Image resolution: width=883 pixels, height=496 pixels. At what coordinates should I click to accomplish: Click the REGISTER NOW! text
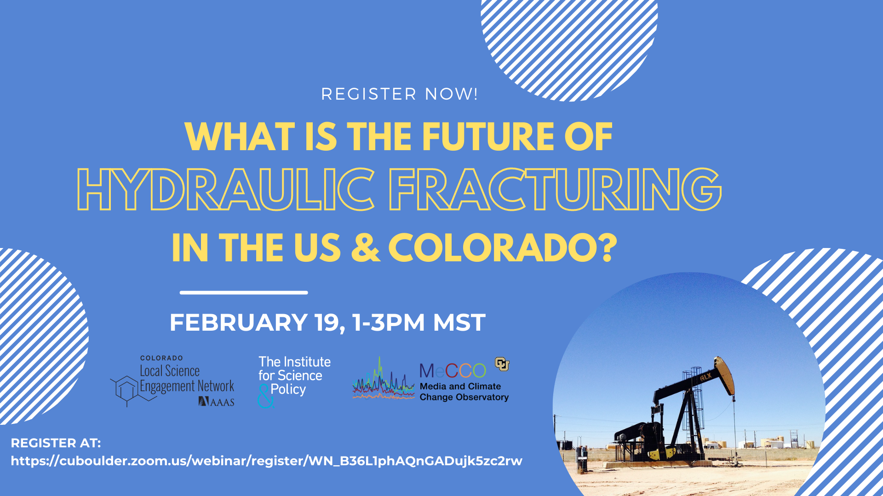pyautogui.click(x=399, y=94)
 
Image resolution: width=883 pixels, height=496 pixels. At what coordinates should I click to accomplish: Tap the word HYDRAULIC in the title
pyautogui.click(x=226, y=189)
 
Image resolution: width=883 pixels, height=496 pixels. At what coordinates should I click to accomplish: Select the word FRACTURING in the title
pyautogui.click(x=555, y=189)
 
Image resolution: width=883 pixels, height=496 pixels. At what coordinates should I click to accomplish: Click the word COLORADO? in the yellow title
pyautogui.click(x=502, y=248)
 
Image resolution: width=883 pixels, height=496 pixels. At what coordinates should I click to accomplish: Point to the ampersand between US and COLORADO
pyautogui.click(x=365, y=248)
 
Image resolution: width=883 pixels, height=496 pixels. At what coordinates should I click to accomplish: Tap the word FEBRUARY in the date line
pyautogui.click(x=239, y=322)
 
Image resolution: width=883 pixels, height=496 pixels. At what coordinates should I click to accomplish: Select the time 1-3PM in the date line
pyautogui.click(x=388, y=322)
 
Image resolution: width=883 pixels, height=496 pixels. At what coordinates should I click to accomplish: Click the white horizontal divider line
pyautogui.click(x=244, y=293)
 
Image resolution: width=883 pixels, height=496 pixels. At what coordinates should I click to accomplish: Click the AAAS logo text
pyautogui.click(x=217, y=402)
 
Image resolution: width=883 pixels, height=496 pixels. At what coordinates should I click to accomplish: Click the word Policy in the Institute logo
pyautogui.click(x=288, y=389)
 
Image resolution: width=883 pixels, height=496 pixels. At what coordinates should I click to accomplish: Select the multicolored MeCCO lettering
pyautogui.click(x=453, y=370)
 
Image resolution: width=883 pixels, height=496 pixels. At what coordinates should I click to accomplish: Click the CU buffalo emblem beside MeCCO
pyautogui.click(x=502, y=364)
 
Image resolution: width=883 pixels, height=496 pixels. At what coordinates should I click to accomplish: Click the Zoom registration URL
pyautogui.click(x=267, y=461)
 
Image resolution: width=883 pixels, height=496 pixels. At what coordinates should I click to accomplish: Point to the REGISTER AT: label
pyautogui.click(x=56, y=443)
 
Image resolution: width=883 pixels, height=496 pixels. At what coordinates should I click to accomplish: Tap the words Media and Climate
pyautogui.click(x=460, y=386)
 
